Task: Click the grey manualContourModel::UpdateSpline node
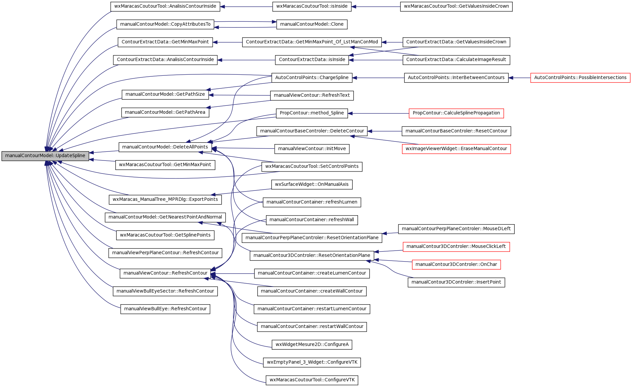tap(45, 156)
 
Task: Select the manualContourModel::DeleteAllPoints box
tap(165, 147)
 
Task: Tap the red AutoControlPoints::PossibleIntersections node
tap(580, 78)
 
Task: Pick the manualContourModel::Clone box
tap(312, 24)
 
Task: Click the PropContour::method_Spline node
tap(312, 113)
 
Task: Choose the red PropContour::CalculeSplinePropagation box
tap(456, 113)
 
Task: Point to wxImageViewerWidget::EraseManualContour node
tap(456, 149)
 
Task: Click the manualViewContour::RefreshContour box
tap(165, 273)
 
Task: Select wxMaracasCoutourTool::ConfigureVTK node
tap(312, 380)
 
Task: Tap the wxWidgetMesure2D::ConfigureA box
tap(312, 345)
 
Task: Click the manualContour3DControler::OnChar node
tap(456, 265)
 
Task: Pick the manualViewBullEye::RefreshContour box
tap(165, 309)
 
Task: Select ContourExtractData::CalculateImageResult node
tap(456, 60)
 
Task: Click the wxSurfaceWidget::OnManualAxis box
tap(312, 184)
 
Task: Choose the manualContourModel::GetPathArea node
tap(165, 112)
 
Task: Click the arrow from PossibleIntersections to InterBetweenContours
tap(519, 78)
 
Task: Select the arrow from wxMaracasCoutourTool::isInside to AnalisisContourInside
tap(246, 6)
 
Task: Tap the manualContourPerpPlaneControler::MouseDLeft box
tap(456, 229)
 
